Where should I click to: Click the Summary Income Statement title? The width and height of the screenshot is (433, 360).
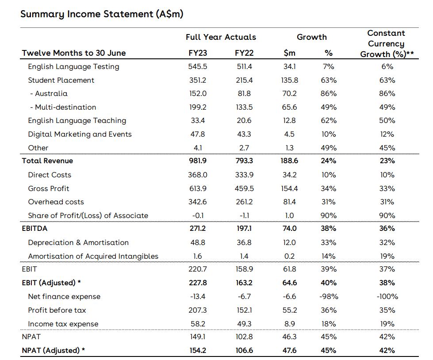102,14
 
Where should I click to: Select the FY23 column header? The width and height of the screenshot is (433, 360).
197,53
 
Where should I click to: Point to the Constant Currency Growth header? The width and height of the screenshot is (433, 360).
386,44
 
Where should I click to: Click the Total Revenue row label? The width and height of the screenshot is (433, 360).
47,161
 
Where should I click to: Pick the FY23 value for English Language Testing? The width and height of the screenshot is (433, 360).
197,67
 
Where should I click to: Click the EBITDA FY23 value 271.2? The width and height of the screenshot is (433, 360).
197,229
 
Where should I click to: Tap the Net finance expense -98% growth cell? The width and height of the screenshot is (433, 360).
329,297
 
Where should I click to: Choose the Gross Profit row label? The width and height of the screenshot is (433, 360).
49,188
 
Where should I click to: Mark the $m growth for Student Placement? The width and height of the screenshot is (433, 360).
289,80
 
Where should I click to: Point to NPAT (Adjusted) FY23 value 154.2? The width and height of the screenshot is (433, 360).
197,351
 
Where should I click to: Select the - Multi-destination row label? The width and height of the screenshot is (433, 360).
63,107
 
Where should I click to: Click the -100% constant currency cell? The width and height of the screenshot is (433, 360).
387,297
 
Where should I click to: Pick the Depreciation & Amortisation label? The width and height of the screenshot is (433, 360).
78,243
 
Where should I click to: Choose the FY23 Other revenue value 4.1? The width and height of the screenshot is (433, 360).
197,148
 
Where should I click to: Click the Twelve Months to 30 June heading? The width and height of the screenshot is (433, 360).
74,53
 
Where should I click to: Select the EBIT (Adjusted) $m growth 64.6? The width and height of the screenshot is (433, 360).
289,283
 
